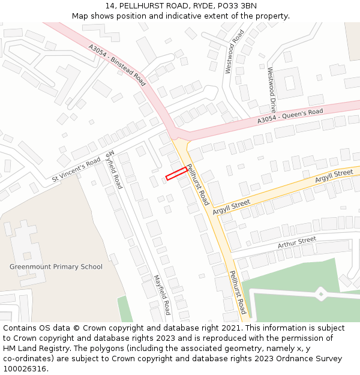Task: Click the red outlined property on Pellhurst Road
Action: (x=176, y=173)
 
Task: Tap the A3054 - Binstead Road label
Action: (x=117, y=64)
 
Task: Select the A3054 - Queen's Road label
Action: (x=290, y=116)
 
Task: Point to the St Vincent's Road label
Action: (x=76, y=170)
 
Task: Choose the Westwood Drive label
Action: (x=272, y=90)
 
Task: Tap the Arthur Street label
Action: (x=296, y=242)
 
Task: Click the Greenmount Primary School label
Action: (x=56, y=266)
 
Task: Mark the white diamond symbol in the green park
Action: (x=321, y=293)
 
